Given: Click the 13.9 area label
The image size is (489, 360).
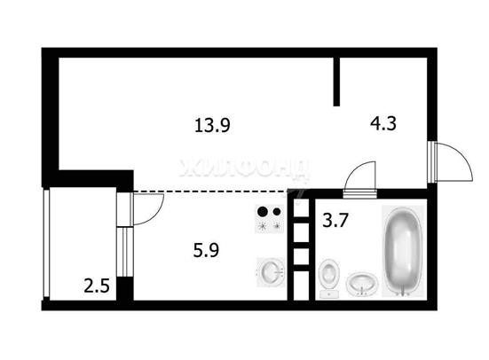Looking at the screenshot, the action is (212, 126).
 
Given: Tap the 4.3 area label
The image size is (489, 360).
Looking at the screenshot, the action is (383, 123).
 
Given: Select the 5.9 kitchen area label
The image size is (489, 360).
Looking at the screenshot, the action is (206, 250).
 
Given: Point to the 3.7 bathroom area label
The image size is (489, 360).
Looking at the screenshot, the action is (335, 221).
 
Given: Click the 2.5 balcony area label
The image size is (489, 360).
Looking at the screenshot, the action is (97, 286).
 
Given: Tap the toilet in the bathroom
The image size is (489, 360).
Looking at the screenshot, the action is (329, 278).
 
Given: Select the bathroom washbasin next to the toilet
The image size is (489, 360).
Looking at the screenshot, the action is (362, 284).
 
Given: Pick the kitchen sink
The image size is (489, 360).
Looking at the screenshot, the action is (271, 272).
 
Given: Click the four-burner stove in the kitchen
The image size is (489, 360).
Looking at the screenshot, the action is (270, 219).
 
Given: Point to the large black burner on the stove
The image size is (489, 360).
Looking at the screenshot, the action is (263, 212).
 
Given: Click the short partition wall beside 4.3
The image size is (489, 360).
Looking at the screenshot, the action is (336, 82).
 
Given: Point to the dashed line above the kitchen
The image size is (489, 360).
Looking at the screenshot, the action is (211, 191).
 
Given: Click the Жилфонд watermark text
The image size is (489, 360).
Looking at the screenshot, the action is (245, 168).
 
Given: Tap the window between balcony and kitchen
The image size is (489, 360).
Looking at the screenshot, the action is (125, 252).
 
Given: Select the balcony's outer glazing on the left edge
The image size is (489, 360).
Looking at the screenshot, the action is (46, 243).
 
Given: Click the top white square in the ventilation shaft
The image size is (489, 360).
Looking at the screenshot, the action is (301, 207).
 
